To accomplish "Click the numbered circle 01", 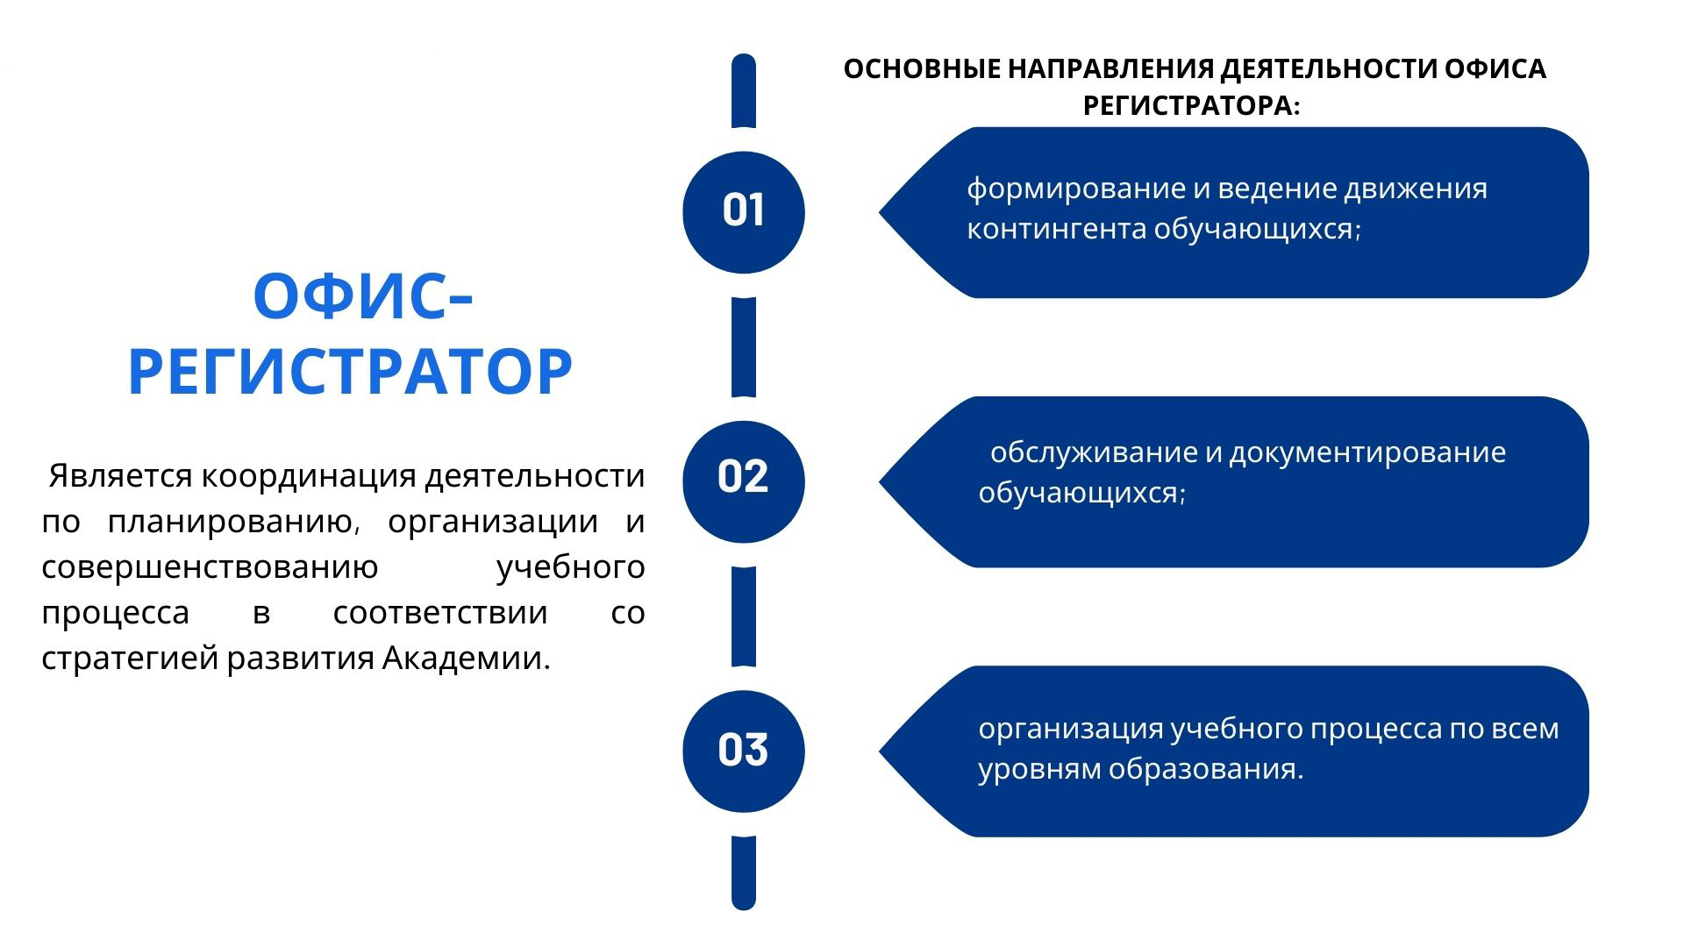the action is click(x=744, y=212).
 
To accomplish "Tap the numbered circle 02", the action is click(x=744, y=481).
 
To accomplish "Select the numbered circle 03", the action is click(x=744, y=751).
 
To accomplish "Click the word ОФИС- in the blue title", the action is click(x=363, y=296).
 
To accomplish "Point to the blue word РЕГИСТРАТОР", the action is click(x=351, y=372).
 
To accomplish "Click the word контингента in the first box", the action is click(x=1056, y=229).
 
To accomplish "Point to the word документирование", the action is click(x=1367, y=453).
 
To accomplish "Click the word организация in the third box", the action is click(x=1070, y=730).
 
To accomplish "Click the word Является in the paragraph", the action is click(x=120, y=476).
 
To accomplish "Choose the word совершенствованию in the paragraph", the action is click(x=210, y=567).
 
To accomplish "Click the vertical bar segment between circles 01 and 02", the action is click(x=744, y=347).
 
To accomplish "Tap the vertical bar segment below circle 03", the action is click(x=744, y=872).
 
